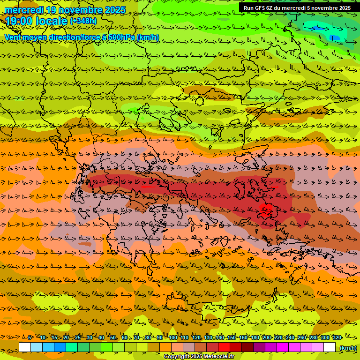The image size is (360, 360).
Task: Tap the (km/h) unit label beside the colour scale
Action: (347, 348)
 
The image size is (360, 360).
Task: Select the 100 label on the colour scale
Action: (172, 338)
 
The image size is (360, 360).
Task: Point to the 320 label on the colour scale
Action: (337, 338)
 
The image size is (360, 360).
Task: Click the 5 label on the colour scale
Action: (30, 338)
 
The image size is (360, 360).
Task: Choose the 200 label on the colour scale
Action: (266, 338)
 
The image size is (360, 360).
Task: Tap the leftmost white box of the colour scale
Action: (25, 347)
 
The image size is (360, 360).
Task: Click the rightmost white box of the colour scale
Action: (330, 347)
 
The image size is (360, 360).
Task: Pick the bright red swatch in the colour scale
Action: (224, 347)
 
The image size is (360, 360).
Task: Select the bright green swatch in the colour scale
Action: (107, 347)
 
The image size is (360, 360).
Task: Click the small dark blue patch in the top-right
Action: (335, 37)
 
